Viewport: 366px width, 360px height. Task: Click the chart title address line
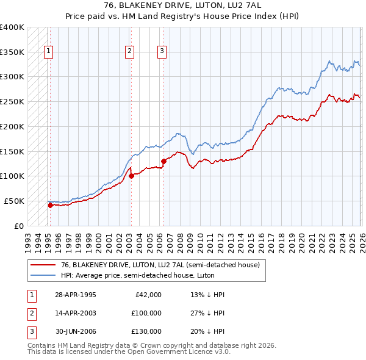[x=182, y=6]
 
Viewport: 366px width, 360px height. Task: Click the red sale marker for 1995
[x=50, y=205]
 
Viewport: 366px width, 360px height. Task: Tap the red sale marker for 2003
[x=131, y=176]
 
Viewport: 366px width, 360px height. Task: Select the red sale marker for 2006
[x=163, y=162]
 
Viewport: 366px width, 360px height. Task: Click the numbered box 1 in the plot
[x=48, y=51]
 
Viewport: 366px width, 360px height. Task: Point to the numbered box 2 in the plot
[x=130, y=51]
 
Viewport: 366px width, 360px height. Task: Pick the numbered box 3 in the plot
[x=162, y=51]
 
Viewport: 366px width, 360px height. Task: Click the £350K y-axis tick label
[x=12, y=52]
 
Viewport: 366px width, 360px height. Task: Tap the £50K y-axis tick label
[x=14, y=201]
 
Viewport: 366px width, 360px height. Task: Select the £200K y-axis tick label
[x=12, y=127]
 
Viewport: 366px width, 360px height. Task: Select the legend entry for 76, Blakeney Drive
[x=160, y=265]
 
